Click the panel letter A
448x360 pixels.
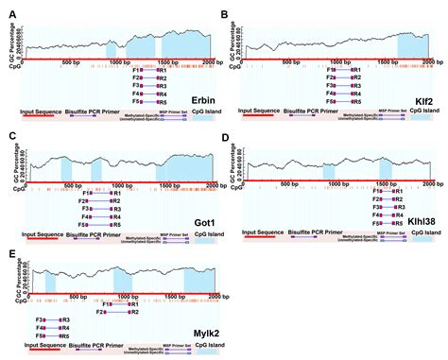[9, 10]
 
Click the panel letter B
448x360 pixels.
[226, 10]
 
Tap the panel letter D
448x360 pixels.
[226, 138]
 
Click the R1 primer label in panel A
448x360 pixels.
[163, 70]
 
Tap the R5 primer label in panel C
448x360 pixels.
[115, 226]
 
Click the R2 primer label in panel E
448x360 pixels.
[134, 312]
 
